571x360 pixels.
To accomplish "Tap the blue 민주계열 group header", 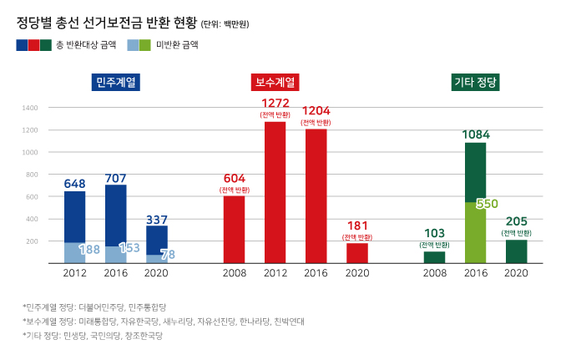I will pos(116,82).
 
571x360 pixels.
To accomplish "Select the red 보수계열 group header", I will pos(275,82).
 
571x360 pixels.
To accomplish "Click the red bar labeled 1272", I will pos(275,192).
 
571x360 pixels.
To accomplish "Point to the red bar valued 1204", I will pos(316,196).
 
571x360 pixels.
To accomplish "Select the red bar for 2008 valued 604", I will pos(234,230).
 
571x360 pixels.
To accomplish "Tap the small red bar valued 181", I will pos(356,253).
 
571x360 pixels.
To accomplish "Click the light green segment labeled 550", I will pos(475,234).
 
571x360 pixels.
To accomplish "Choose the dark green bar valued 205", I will pos(516,251).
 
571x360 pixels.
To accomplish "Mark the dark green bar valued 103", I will pos(434,257).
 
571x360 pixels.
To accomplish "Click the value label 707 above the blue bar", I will pos(115,178).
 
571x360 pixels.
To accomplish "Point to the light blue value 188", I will pos(89,249).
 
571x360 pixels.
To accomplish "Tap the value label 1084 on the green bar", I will pos(475,134).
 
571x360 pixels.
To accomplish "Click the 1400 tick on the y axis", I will pos(30,108).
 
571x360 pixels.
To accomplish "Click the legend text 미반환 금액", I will pos(178,45).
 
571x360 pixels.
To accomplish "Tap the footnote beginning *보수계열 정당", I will pos(164,322).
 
